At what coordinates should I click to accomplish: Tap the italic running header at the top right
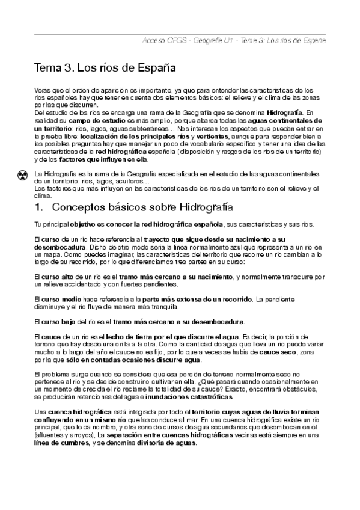tap(234, 40)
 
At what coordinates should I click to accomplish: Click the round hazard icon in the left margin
tap(23, 176)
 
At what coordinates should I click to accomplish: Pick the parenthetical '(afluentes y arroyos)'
tap(66, 435)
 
